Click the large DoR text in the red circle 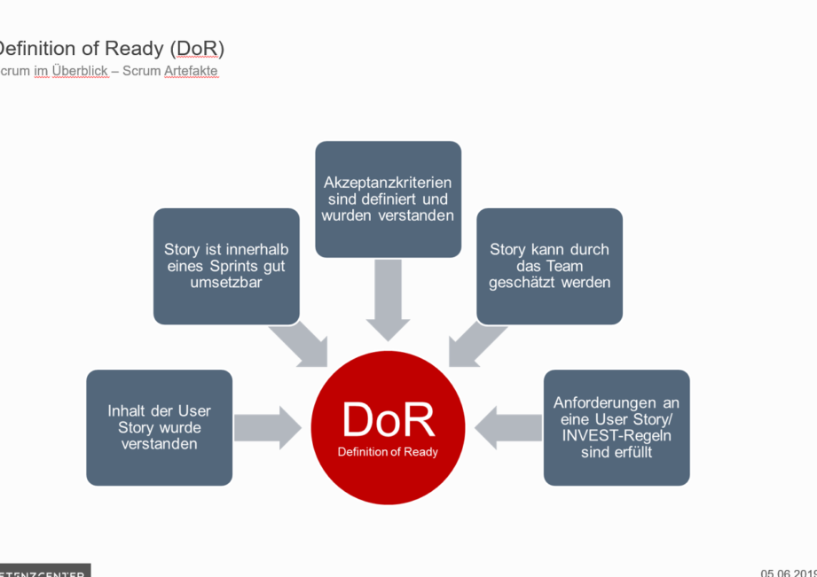[x=388, y=420]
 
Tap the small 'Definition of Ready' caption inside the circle [x=388, y=452]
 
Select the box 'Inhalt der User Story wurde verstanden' [x=160, y=427]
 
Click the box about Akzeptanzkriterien [x=388, y=199]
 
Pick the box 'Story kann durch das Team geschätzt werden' [x=549, y=266]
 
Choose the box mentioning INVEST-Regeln [x=617, y=427]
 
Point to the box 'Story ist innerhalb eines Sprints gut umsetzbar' [x=226, y=266]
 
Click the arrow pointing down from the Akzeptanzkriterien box [x=388, y=300]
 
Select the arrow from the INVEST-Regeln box [x=507, y=427]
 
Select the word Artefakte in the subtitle [x=191, y=71]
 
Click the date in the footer [x=788, y=573]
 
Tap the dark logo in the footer [x=44, y=571]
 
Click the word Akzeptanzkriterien [x=388, y=182]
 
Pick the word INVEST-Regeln [x=617, y=435]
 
